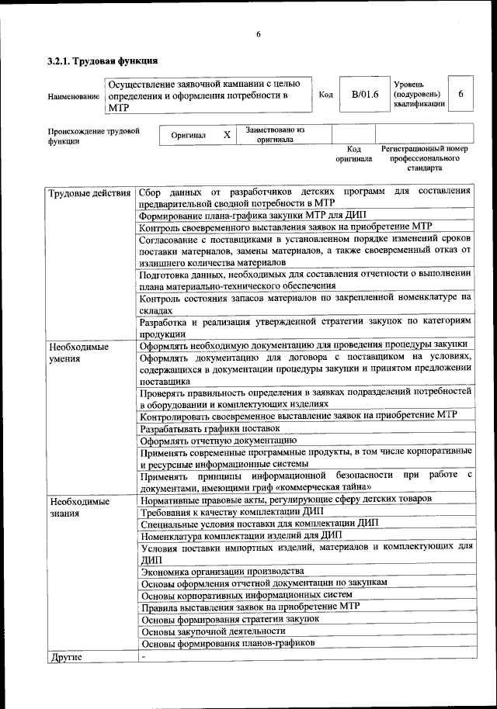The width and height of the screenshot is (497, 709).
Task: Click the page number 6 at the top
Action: [x=259, y=33]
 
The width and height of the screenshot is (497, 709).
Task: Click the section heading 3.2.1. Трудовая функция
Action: [x=103, y=61]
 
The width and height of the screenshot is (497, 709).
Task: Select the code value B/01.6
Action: [x=363, y=95]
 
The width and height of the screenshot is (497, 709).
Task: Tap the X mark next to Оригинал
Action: [x=227, y=135]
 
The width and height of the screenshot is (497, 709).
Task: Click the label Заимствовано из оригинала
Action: [x=275, y=135]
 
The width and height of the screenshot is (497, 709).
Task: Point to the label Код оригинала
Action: [x=354, y=153]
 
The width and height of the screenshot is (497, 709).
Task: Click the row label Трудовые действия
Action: [x=89, y=192]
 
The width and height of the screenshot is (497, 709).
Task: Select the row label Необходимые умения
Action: [x=78, y=352]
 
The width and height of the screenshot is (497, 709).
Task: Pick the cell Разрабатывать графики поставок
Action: [x=210, y=427]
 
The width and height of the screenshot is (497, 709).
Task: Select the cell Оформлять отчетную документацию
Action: [x=218, y=441]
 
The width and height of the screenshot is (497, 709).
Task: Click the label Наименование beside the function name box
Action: [x=74, y=97]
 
